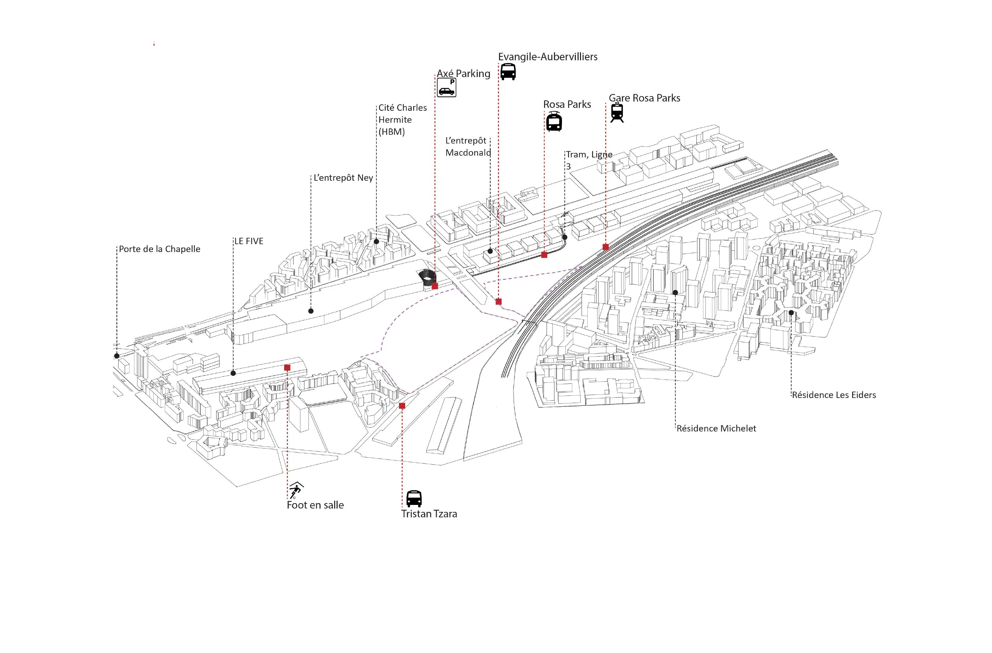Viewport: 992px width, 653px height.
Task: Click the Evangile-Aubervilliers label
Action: [x=548, y=57]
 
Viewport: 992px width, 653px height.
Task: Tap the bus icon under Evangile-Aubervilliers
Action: [x=508, y=72]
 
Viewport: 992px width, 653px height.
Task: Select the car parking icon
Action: [x=446, y=88]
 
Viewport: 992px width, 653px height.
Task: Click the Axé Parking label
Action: [x=464, y=74]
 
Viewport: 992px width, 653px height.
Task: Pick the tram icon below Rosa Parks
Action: [x=554, y=122]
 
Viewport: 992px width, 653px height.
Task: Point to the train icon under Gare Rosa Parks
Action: [x=617, y=113]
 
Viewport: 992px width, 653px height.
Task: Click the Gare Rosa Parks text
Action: [x=644, y=98]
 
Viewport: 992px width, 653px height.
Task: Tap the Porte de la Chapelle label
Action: [x=160, y=249]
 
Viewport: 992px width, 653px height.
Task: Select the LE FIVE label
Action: [x=249, y=241]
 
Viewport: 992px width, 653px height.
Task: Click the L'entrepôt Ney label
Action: [x=343, y=178]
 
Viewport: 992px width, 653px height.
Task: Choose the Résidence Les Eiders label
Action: [x=834, y=395]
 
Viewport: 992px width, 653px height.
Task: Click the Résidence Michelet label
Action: [x=716, y=428]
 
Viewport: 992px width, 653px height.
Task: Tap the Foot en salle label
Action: [x=316, y=505]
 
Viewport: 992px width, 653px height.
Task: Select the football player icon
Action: [x=296, y=490]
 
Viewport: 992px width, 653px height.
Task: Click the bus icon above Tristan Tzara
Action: [x=414, y=498]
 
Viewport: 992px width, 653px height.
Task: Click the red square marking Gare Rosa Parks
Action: [x=606, y=247]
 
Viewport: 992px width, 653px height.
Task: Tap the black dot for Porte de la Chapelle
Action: [x=117, y=356]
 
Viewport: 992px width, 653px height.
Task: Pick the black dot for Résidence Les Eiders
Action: [x=791, y=313]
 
